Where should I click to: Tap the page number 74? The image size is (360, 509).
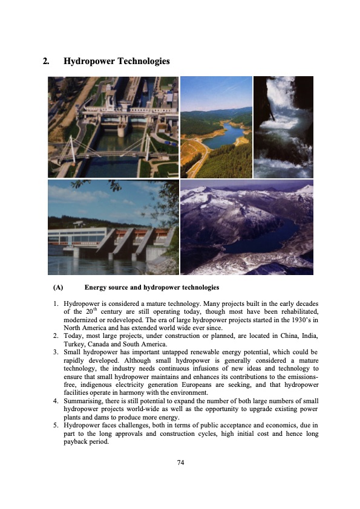tap(180, 462)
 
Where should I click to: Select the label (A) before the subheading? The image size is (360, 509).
tap(59, 287)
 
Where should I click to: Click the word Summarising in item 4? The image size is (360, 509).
tap(84, 400)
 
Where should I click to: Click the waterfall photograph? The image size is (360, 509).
tap(283, 127)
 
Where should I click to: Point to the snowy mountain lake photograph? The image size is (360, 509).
tap(247, 227)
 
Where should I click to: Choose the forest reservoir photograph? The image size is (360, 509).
tap(216, 127)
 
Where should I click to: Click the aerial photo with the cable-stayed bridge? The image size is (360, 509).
tap(113, 127)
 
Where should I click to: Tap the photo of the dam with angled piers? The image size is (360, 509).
tap(113, 227)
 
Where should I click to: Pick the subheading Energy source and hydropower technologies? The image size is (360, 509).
tap(152, 287)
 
